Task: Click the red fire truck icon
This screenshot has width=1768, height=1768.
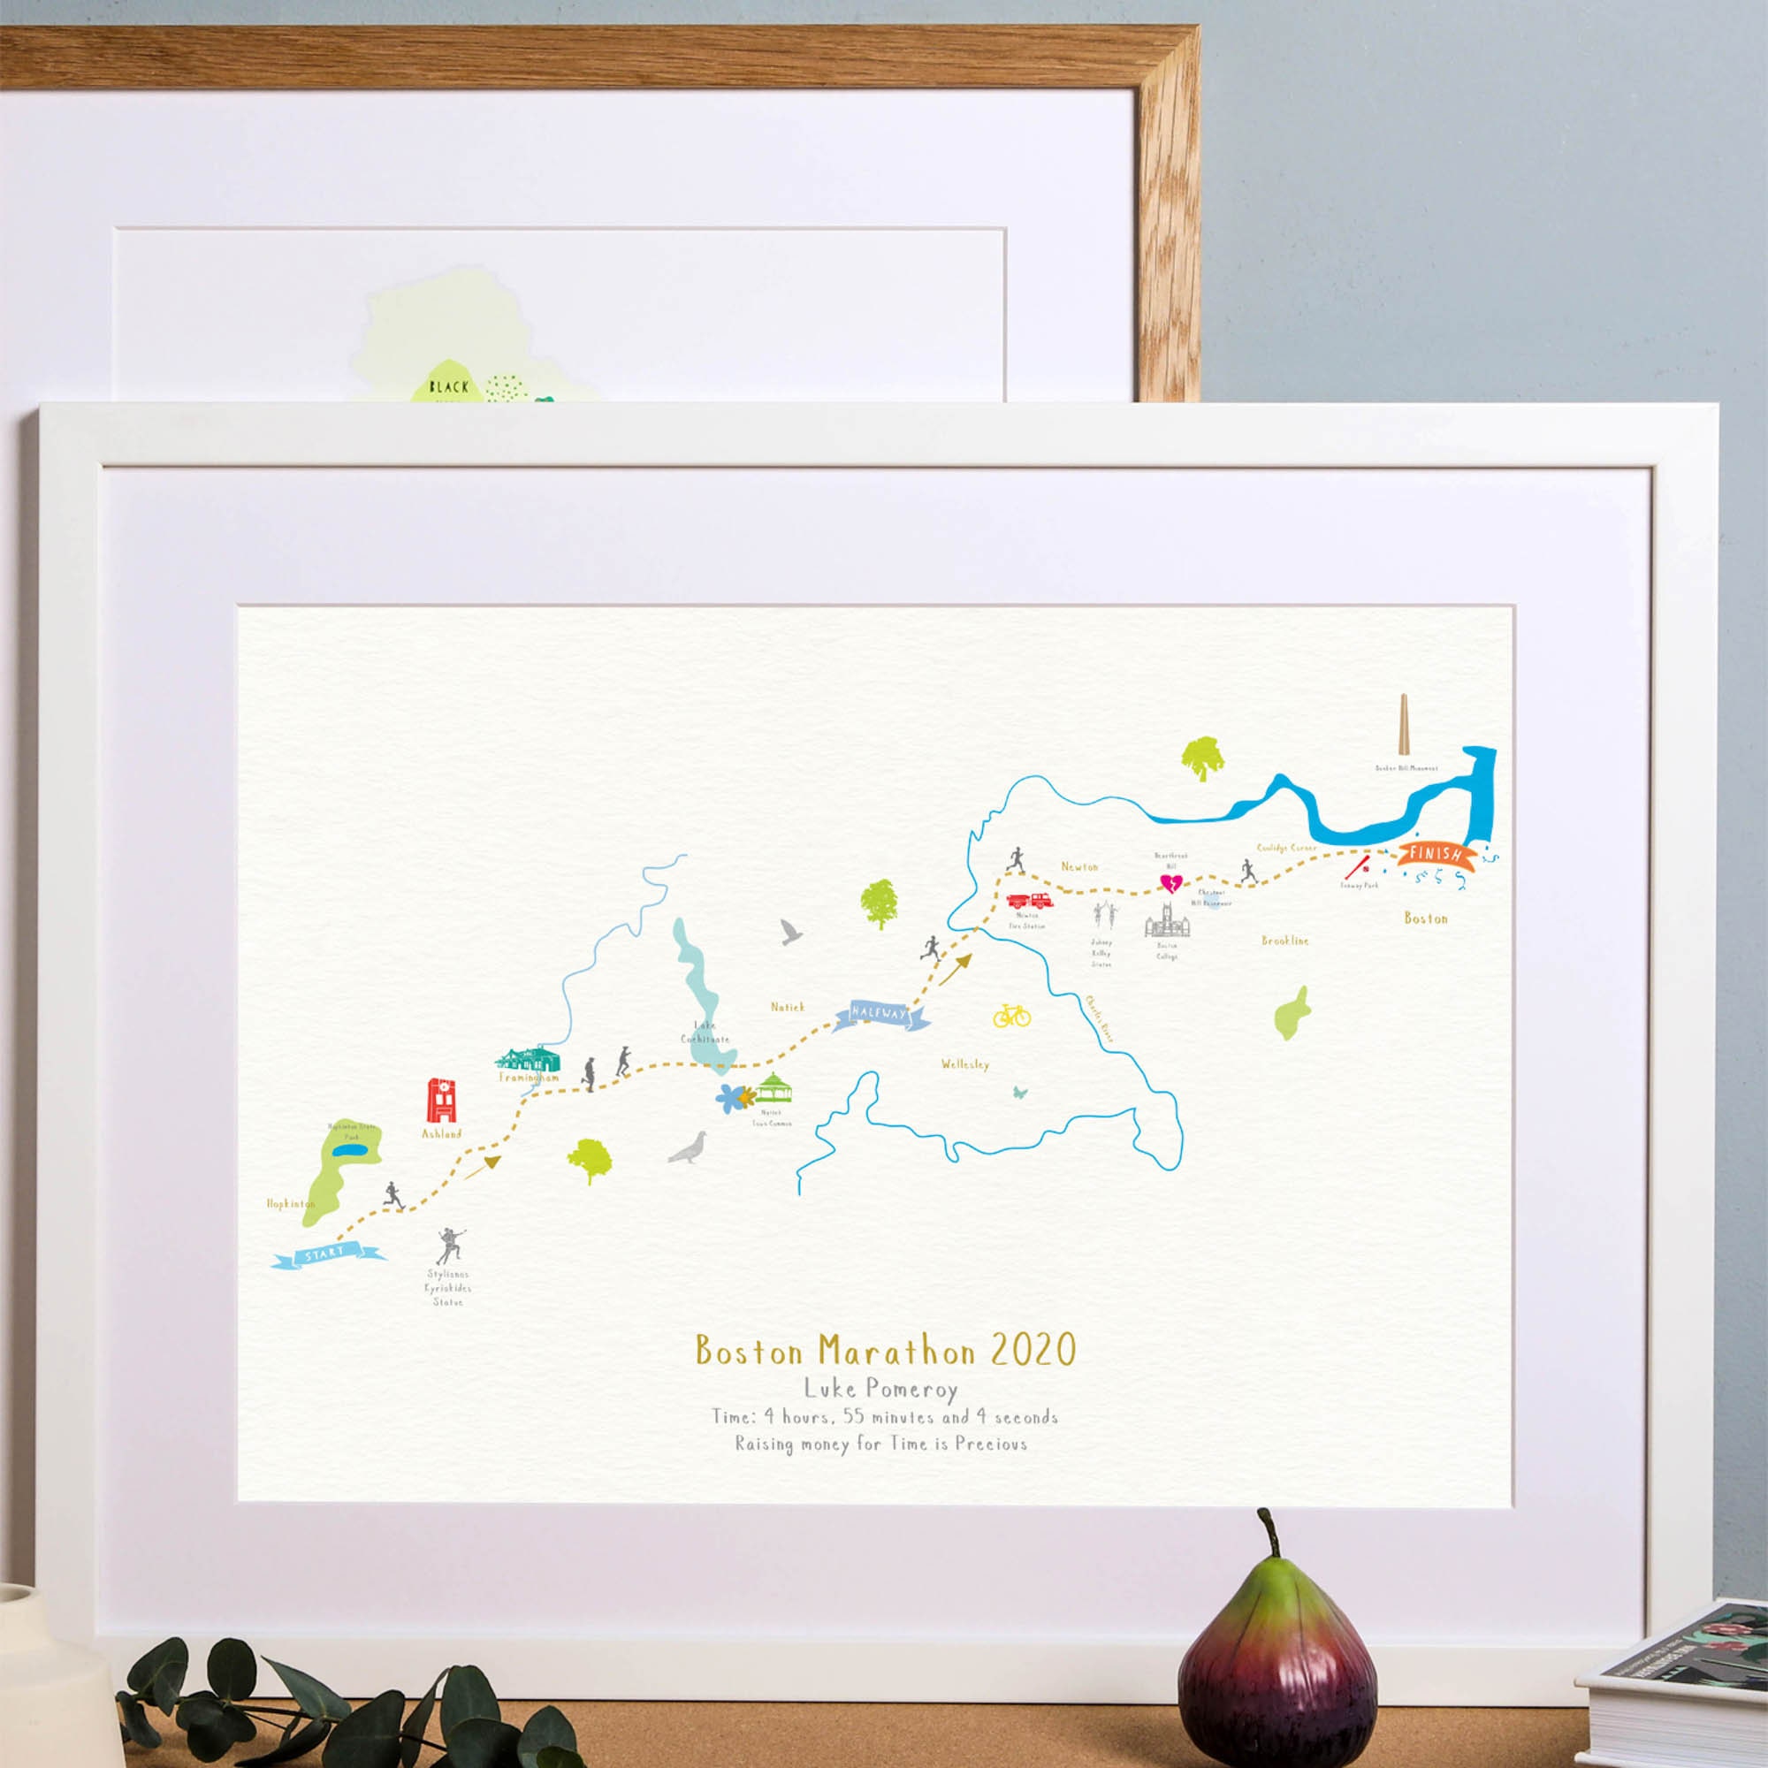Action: pos(1031,900)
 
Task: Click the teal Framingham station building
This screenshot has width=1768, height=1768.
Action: pos(527,1058)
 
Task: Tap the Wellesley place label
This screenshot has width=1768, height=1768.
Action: pos(964,1064)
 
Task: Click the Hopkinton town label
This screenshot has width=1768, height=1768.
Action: pos(291,1203)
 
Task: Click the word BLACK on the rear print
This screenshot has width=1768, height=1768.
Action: pos(448,387)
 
